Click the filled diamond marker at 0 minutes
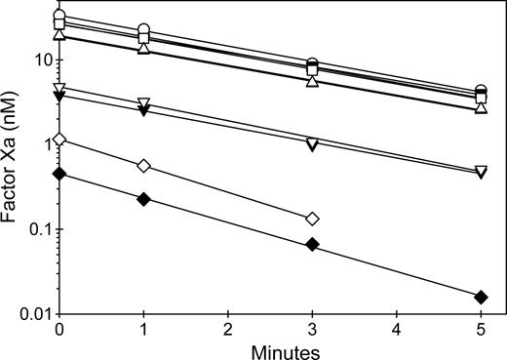pyautogui.click(x=59, y=174)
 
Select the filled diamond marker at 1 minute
pyautogui.click(x=144, y=199)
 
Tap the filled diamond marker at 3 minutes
pyautogui.click(x=312, y=244)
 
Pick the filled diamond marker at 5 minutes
pyautogui.click(x=481, y=297)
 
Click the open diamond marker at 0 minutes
pyautogui.click(x=59, y=140)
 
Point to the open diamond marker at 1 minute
pyautogui.click(x=144, y=165)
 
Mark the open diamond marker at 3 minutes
pyautogui.click(x=312, y=219)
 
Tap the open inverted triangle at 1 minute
pyautogui.click(x=144, y=103)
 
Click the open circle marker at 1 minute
pyautogui.click(x=144, y=30)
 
